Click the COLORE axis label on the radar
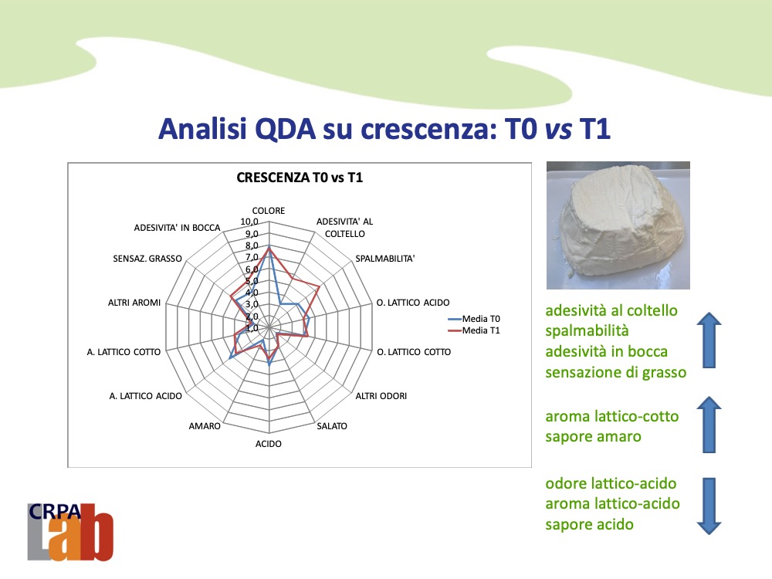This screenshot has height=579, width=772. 269,211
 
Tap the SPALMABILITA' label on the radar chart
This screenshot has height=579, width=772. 385,259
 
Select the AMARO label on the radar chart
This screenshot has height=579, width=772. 205,426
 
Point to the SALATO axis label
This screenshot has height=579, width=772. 332,426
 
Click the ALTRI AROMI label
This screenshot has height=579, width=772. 134,303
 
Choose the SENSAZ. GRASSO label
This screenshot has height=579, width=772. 147,259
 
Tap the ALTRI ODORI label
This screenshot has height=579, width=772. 381,396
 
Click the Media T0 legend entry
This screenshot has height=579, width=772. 474,319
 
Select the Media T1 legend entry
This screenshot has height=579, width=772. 474,330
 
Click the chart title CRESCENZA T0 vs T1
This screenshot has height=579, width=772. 300,178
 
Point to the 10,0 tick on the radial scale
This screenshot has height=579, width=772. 249,222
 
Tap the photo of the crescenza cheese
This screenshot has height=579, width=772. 618,225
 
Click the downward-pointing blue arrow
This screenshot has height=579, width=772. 709,506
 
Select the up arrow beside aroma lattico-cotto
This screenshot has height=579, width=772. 709,425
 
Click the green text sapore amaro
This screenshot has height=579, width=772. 593,437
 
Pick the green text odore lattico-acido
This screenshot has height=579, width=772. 611,483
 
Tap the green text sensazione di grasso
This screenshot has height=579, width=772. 616,372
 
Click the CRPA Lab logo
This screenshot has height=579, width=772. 70,532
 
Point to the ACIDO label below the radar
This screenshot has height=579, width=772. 269,444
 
